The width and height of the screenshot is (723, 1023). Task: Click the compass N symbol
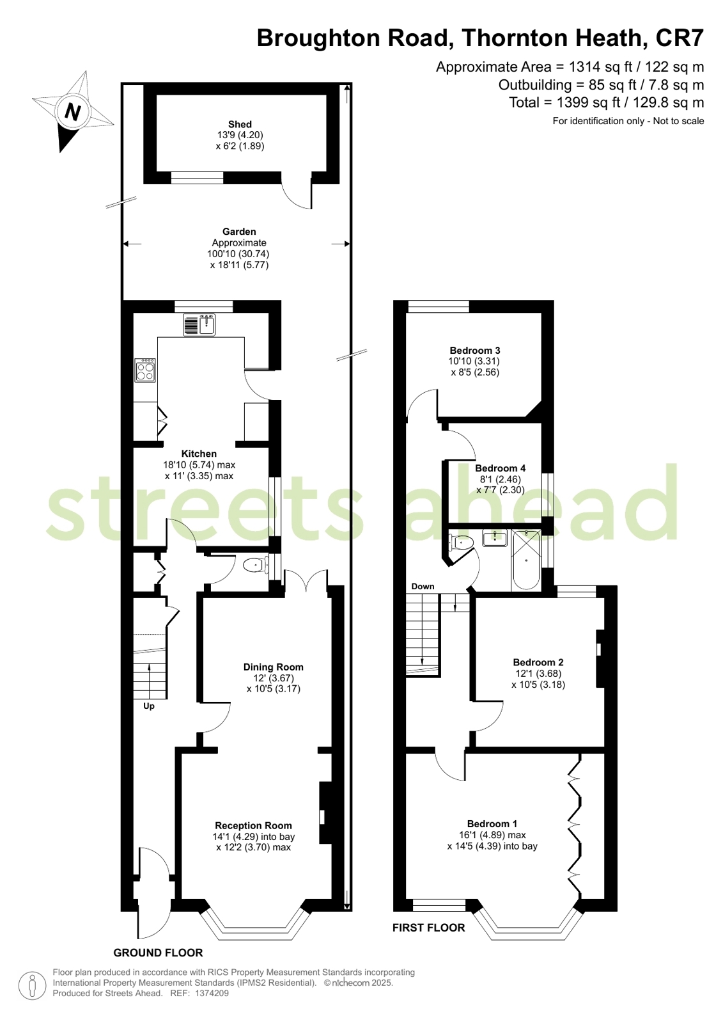(72, 111)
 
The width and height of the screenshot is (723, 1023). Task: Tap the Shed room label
(240, 124)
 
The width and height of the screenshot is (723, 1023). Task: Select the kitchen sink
(199, 325)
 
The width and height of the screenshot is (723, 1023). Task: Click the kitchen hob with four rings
(146, 370)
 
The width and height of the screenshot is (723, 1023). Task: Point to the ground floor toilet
(256, 566)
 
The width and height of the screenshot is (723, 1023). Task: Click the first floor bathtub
(526, 560)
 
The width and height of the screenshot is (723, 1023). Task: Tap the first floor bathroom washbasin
(495, 538)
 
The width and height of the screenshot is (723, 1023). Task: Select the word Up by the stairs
(149, 706)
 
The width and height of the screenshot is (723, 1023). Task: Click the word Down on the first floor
(423, 587)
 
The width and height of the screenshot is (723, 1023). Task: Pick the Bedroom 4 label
(501, 468)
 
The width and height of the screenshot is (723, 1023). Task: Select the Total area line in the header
(607, 103)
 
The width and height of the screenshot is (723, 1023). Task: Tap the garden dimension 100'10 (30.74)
(238, 254)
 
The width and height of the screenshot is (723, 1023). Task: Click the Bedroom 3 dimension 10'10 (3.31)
(474, 361)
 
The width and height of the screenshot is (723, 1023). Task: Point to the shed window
(197, 177)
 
